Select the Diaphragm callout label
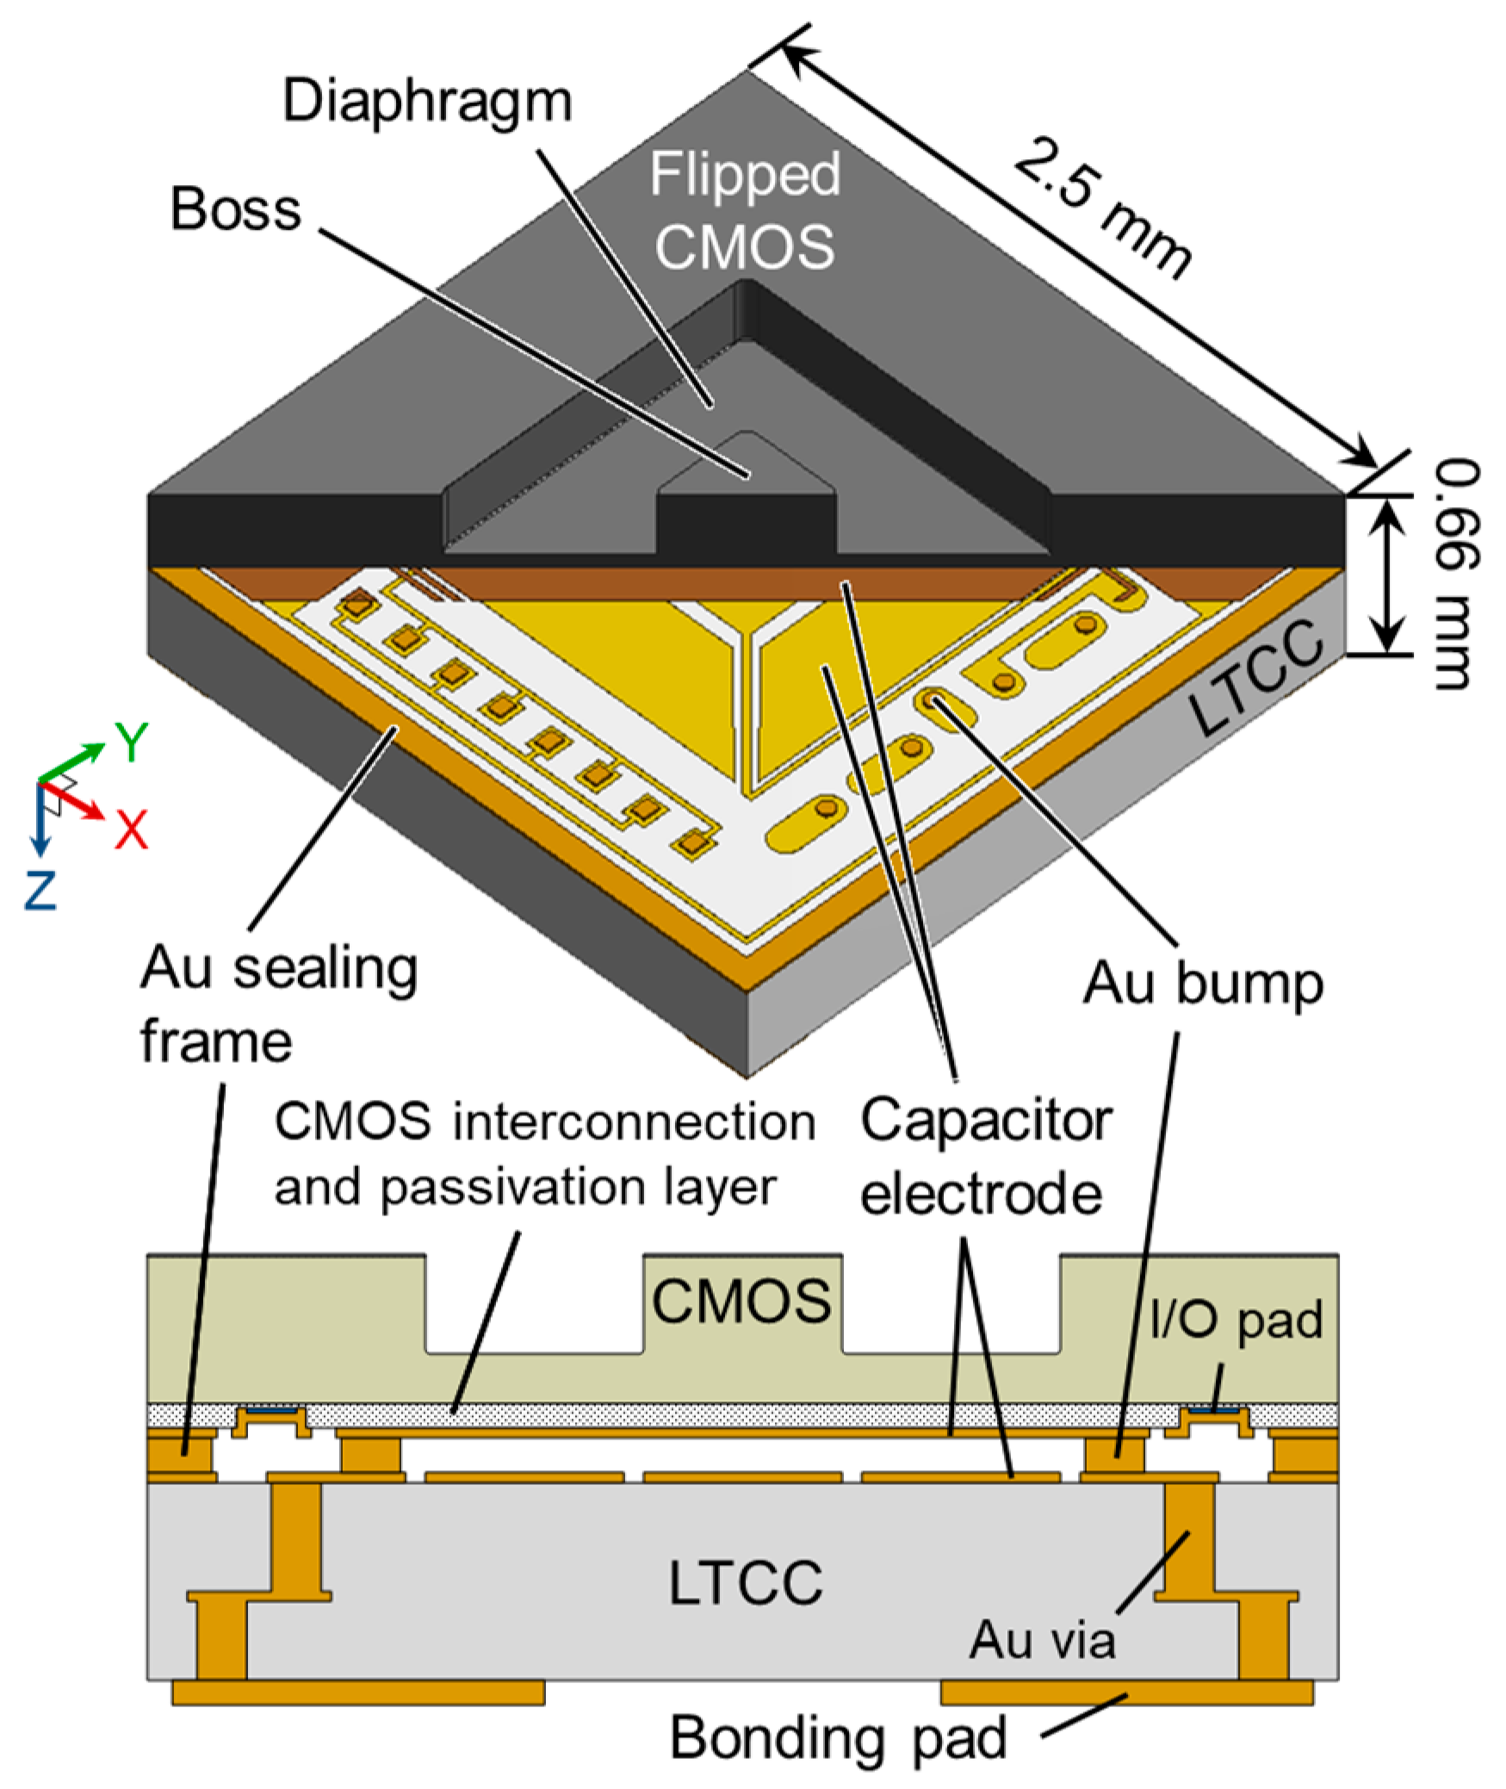[x=427, y=102]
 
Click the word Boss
[x=236, y=209]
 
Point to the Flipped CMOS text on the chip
[x=745, y=211]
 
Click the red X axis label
[x=132, y=829]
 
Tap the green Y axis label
[x=132, y=742]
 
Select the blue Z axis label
[x=40, y=891]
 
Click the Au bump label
[x=1202, y=984]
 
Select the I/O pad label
[x=1236, y=1320]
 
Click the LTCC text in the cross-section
[x=746, y=1582]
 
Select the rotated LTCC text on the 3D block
[x=1255, y=678]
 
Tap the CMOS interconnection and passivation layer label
[x=544, y=1154]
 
